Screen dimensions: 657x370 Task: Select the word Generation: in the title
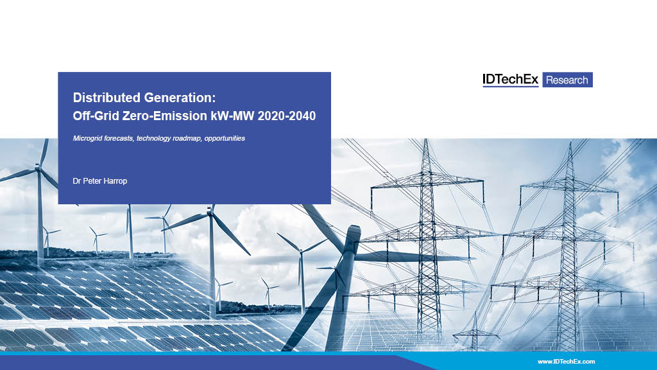point(180,98)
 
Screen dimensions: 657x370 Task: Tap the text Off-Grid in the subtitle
point(96,116)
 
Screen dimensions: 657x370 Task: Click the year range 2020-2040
point(287,116)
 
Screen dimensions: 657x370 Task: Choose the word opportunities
point(225,139)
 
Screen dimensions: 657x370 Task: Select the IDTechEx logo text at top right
point(510,79)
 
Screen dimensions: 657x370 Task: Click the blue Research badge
point(567,80)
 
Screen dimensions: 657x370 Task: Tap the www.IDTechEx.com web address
point(566,361)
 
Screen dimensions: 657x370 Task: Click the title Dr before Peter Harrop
point(77,181)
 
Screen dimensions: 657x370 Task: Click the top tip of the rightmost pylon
point(570,143)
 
